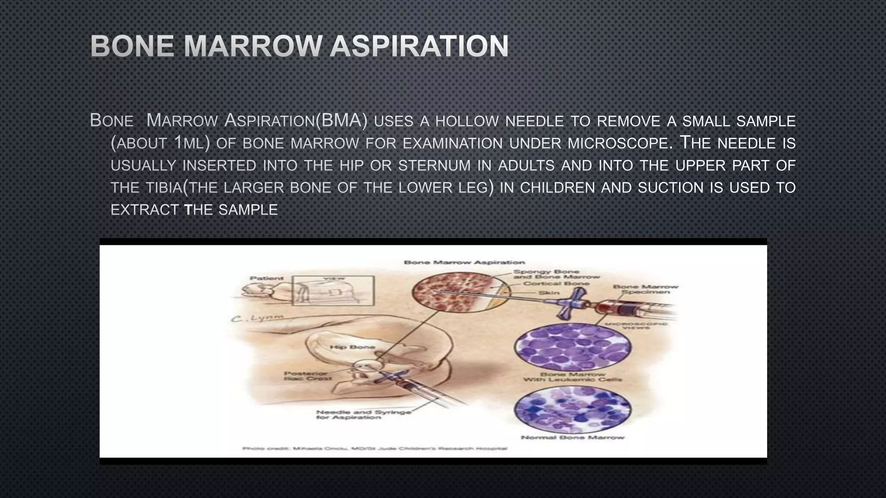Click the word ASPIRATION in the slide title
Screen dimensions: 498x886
coord(419,46)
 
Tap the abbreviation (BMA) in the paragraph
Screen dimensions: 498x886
coord(342,120)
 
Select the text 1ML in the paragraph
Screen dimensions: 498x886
coord(189,143)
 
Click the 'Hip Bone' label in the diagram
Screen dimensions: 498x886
coord(352,347)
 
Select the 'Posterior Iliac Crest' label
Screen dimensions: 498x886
coord(308,376)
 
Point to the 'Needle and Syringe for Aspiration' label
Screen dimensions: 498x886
coord(363,415)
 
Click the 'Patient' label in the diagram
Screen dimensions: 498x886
coord(266,278)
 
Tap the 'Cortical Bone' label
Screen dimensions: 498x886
coord(556,284)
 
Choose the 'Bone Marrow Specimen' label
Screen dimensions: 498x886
coord(645,289)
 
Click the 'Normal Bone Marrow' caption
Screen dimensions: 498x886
coord(572,437)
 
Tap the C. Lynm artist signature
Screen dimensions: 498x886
coord(258,319)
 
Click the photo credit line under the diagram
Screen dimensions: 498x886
coord(375,449)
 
